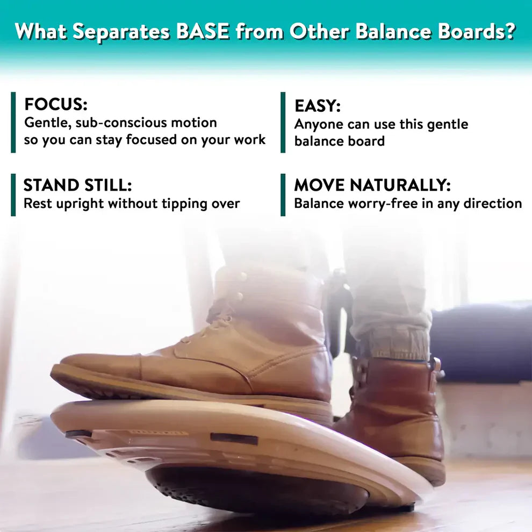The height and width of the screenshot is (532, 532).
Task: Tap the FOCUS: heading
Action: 56,104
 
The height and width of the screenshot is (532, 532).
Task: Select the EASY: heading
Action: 318,106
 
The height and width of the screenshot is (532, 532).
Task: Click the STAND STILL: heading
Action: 77,185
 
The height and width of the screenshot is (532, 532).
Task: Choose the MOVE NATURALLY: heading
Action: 372,185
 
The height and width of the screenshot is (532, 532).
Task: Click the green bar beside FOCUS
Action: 13,123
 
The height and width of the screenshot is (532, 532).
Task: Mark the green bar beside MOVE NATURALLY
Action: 283,195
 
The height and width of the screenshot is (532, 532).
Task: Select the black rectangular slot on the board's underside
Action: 234,438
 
